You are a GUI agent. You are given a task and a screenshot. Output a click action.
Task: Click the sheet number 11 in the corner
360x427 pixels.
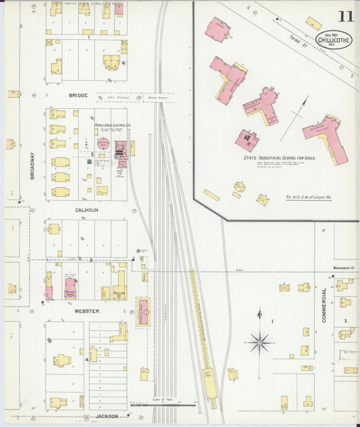tap(344, 18)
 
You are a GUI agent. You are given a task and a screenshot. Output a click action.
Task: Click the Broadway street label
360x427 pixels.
tap(32, 164)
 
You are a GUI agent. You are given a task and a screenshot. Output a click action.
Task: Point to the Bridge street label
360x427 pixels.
tap(78, 96)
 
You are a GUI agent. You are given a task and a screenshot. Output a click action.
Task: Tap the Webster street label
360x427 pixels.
tap(86, 311)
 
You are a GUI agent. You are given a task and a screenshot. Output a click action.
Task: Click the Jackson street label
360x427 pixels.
tap(107, 416)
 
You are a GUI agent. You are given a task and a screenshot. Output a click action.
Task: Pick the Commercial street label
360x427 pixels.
tap(324, 305)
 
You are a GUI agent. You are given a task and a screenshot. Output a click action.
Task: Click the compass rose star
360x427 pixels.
tap(259, 342)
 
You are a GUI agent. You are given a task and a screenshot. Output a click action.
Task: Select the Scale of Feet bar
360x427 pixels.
tap(163, 404)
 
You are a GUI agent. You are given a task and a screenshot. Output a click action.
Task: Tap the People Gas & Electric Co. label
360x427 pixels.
tap(113, 126)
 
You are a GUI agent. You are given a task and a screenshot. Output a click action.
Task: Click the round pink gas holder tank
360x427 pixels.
tap(104, 143)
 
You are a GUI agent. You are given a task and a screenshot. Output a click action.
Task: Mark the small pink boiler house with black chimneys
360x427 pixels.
tap(247, 140)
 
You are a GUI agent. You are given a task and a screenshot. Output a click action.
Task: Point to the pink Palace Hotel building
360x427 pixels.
tap(70, 287)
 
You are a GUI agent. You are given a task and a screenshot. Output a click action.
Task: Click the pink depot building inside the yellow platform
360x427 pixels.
tap(144, 311)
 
